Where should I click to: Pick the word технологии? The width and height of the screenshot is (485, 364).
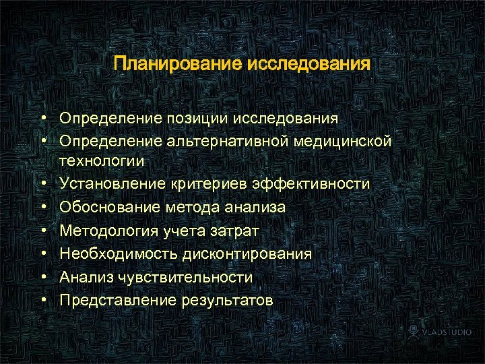102,160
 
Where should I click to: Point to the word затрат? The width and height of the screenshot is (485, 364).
234,231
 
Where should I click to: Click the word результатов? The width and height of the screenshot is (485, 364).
227,301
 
